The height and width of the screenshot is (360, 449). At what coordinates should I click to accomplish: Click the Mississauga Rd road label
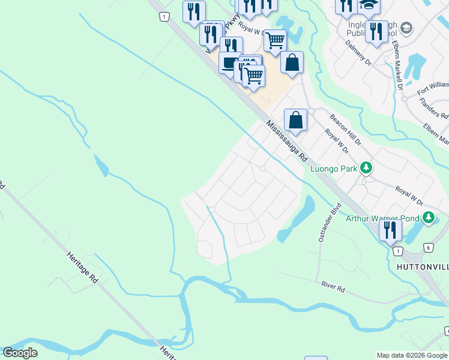(x=287, y=142)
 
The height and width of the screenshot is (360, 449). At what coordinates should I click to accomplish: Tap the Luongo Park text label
(x=333, y=169)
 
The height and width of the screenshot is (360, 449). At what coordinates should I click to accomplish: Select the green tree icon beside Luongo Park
(x=366, y=169)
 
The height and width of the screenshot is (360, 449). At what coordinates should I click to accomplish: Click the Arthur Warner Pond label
(x=382, y=218)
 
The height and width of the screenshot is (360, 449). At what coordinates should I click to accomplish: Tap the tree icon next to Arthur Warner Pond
(x=428, y=217)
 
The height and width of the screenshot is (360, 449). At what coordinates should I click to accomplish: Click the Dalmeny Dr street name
(x=359, y=53)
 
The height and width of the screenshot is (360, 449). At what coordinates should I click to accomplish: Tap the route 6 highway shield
(x=428, y=247)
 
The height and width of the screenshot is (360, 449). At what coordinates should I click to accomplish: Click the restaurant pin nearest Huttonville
(x=390, y=230)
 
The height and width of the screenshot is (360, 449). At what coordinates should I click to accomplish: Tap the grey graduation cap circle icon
(x=406, y=28)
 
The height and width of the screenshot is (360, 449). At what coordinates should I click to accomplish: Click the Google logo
(x=20, y=353)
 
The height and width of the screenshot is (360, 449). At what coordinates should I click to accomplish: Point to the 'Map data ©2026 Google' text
(x=412, y=355)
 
